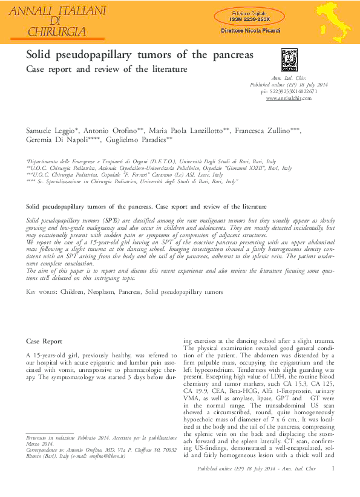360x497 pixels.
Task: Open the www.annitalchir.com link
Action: coord(284,97)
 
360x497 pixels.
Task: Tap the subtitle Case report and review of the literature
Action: coord(106,70)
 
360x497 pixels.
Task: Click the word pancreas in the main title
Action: coord(231,55)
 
